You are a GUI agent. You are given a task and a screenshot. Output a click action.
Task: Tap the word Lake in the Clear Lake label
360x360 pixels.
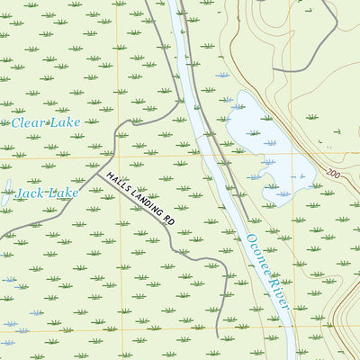(x=66, y=121)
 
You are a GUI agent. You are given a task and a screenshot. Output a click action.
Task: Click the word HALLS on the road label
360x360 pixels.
(x=119, y=184)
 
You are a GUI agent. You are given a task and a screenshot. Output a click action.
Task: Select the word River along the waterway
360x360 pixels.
(x=280, y=295)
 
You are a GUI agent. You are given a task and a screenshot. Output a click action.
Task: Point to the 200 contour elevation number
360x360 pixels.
(x=334, y=173)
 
